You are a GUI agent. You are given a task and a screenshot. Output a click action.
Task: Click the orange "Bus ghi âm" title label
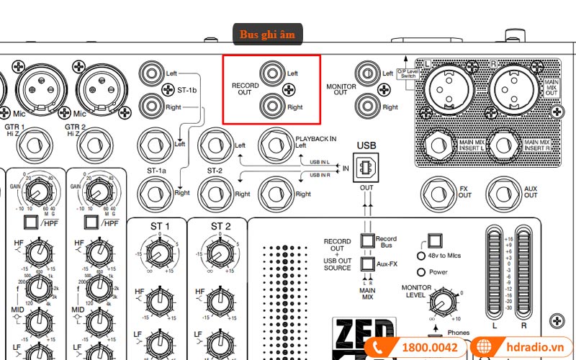(268, 34)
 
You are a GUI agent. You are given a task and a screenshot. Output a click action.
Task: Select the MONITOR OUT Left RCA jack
(366, 73)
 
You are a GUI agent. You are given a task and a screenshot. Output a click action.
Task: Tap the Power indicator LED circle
(422, 272)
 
